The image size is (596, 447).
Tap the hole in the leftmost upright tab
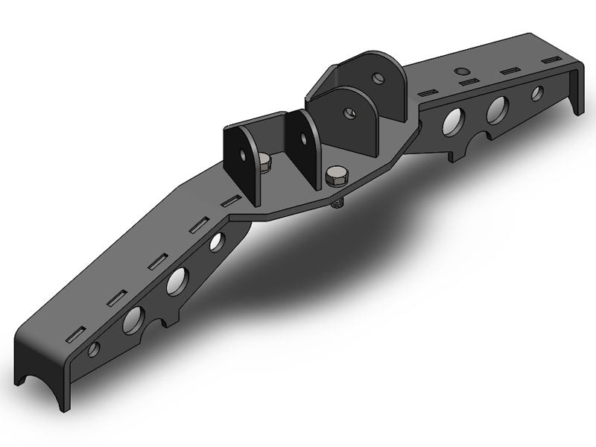(x=244, y=154)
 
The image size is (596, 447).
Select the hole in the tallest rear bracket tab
(x=380, y=77)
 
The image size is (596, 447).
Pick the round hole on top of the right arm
(x=461, y=72)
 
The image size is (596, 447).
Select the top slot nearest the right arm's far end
(x=551, y=59)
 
